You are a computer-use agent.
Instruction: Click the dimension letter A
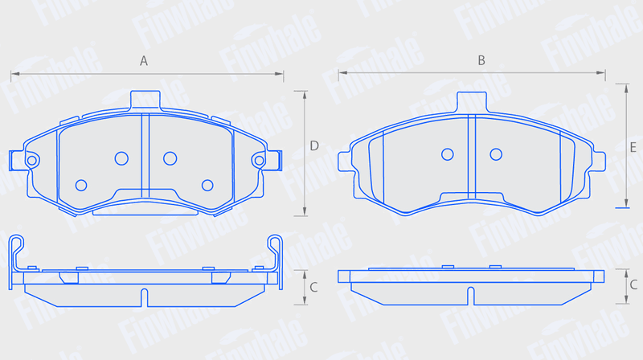pos(144,61)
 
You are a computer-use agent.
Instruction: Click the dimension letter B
pos(481,61)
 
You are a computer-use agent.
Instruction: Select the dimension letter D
pos(314,145)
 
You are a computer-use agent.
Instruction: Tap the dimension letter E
pos(633,147)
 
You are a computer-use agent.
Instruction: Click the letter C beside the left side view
pos(313,287)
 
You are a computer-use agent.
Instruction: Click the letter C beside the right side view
pos(633,284)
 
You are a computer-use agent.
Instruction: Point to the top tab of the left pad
pos(145,100)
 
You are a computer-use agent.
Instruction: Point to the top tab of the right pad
pos(472,102)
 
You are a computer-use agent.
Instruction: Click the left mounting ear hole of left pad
pos(31,161)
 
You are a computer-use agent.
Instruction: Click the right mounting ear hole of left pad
pos(259,161)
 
